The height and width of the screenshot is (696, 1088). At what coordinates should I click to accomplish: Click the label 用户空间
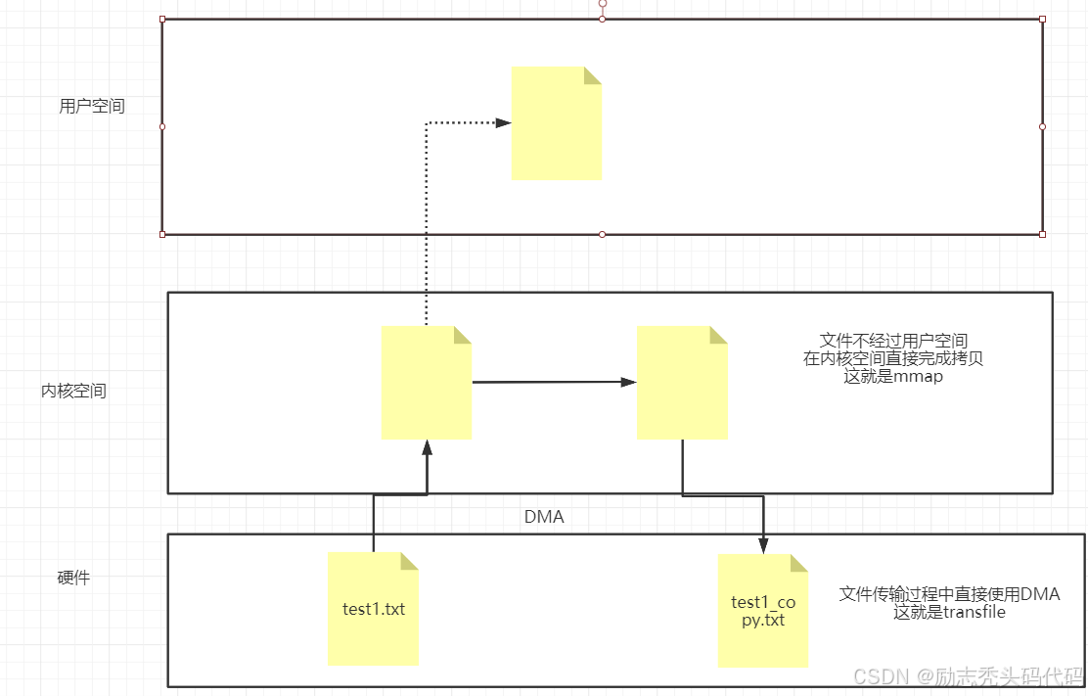click(92, 107)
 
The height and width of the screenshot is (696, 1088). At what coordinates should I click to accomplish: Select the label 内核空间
click(73, 391)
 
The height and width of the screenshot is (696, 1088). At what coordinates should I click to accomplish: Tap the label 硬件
click(73, 578)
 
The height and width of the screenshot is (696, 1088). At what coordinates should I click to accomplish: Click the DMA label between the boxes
click(544, 517)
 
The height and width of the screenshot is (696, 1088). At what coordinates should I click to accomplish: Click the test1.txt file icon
click(373, 609)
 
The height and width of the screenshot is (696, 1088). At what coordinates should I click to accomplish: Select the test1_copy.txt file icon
click(763, 611)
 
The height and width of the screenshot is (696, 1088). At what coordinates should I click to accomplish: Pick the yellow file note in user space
click(556, 123)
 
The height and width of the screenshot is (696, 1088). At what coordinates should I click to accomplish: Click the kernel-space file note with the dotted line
click(426, 383)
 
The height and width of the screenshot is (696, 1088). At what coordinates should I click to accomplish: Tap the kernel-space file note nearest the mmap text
click(682, 383)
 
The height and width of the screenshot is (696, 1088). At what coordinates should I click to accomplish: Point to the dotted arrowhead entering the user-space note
click(503, 122)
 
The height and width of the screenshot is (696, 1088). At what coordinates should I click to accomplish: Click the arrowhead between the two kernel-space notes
click(628, 382)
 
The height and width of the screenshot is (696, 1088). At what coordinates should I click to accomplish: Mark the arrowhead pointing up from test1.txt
click(427, 448)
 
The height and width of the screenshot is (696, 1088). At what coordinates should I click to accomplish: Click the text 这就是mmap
click(893, 376)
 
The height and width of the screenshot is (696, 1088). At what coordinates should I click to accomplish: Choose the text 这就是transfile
click(949, 613)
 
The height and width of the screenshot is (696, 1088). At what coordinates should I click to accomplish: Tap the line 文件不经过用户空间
click(893, 341)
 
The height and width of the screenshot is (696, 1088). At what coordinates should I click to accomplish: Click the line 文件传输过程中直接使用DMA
click(949, 594)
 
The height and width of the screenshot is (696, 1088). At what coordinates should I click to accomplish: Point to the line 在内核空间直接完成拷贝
click(893, 358)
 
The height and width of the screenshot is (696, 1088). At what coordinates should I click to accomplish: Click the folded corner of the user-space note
click(593, 75)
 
